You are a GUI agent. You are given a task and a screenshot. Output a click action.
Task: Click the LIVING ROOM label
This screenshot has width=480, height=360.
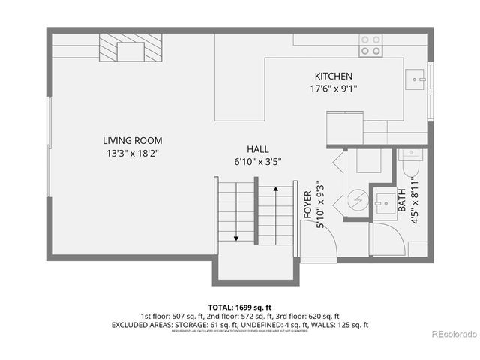[132, 140]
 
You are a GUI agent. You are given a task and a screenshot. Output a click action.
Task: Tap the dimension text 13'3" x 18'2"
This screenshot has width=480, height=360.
[132, 153]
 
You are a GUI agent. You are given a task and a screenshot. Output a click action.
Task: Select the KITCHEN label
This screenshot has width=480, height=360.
[333, 76]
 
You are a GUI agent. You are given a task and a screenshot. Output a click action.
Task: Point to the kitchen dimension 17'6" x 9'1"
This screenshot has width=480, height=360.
[333, 88]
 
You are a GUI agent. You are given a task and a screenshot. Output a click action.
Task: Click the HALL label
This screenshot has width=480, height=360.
[257, 149]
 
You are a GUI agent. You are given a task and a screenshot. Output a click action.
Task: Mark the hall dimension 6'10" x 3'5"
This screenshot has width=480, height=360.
[257, 161]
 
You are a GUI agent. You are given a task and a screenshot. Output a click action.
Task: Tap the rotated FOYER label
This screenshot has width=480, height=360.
[307, 203]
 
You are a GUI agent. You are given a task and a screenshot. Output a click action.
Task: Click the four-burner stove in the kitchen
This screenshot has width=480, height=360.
[369, 45]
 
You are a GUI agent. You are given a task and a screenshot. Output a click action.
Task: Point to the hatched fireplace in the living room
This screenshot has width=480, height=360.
[132, 51]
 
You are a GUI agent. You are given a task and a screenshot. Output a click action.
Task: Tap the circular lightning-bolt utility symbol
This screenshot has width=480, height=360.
[357, 200]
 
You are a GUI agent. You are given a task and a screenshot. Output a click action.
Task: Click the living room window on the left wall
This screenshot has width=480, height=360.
[49, 145]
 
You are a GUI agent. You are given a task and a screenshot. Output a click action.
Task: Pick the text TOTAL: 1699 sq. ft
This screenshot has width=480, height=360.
[240, 307]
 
